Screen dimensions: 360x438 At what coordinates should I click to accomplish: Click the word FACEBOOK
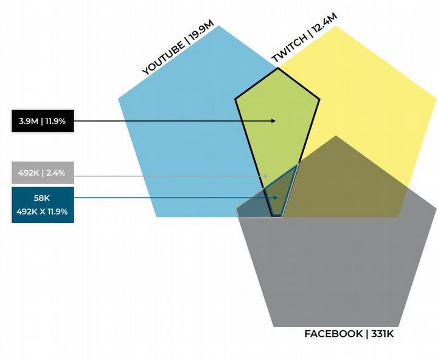coord(333,334)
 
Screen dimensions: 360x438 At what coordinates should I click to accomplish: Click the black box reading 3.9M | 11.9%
coord(43,121)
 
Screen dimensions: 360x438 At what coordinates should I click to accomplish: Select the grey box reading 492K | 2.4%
coord(43,173)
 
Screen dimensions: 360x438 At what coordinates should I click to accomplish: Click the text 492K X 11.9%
coord(43,212)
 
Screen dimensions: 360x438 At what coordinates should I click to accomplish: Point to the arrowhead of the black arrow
coord(274,121)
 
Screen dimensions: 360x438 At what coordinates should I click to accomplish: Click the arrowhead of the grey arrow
coord(266,176)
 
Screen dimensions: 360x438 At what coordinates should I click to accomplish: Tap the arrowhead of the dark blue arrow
coord(276,198)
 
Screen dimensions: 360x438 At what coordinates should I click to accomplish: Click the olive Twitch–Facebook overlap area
coord(341,182)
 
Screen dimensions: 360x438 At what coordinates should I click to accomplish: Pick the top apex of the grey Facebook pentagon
coord(336,136)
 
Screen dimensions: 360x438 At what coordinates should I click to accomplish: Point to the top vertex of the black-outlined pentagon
coord(278,67)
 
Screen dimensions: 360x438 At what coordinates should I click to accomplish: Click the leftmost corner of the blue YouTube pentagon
coord(118,98)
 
